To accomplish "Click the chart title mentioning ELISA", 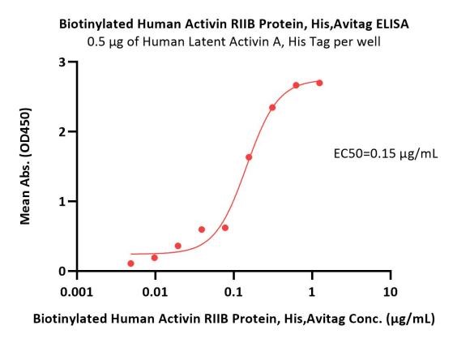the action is coord(233,24).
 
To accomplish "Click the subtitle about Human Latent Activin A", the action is coord(233,42).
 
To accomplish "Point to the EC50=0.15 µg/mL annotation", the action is coord(386,154).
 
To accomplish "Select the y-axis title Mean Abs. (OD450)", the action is coord(25,166).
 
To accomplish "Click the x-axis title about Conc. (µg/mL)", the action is coord(233,319).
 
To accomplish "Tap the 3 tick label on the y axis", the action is coord(62,62).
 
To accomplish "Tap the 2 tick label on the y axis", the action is coord(62,131).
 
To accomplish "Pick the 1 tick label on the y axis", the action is coord(62,201).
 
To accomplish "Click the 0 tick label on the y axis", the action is coord(62,272).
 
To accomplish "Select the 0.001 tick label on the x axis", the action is coord(76,292).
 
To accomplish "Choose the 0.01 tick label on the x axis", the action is coord(155,292).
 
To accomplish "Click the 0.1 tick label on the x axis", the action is coord(233,292).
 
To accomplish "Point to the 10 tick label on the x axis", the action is coord(391,292).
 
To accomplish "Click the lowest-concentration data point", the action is coord(130,264).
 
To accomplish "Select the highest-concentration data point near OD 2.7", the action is coord(319,83).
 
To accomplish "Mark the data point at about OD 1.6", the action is coord(249,157).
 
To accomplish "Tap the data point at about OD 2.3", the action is coord(272,108).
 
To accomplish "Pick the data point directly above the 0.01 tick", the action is coord(155,258).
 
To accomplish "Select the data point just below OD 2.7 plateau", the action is coord(296,85).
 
